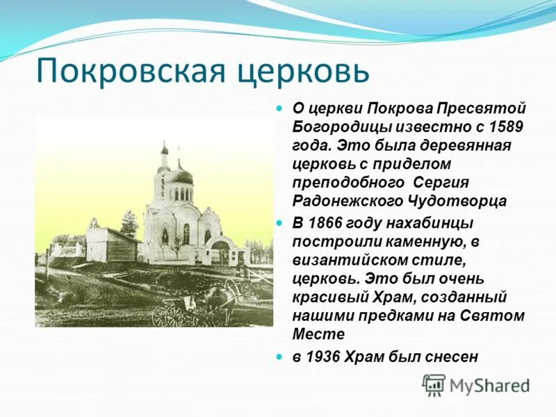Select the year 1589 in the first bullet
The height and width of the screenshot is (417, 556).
[505, 127]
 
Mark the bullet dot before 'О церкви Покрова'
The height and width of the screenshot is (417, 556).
[280, 109]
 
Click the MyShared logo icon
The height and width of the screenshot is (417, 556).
[434, 384]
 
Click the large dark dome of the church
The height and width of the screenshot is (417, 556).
[183, 176]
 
